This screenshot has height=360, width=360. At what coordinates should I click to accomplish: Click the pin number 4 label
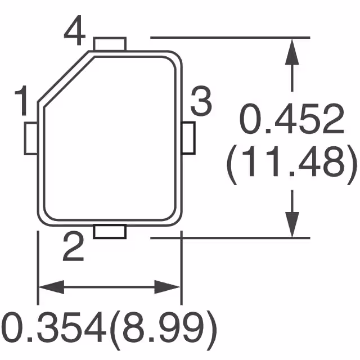(x=74, y=32)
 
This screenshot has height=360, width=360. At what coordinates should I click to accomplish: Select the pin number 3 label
(x=200, y=102)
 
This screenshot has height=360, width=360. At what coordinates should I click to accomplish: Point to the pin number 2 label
(x=73, y=248)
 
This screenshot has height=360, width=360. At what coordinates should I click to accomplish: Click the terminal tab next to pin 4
(x=110, y=44)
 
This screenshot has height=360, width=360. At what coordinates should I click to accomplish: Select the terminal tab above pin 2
(x=110, y=231)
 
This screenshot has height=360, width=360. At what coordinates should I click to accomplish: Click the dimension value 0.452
(x=292, y=120)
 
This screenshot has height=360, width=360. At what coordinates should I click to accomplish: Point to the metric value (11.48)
(x=292, y=164)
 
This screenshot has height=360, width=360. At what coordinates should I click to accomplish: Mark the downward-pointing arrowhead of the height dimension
(x=291, y=222)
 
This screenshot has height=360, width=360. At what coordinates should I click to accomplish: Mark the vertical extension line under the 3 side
(x=181, y=264)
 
